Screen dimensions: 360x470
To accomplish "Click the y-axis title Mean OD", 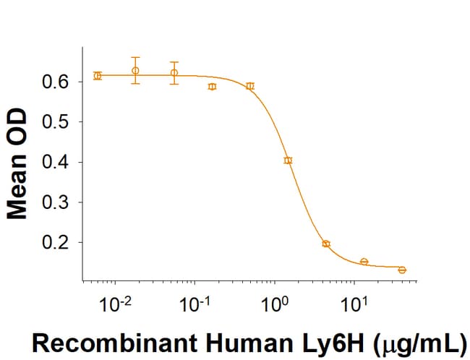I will (x=17, y=164).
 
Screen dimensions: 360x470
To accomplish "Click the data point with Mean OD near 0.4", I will (x=288, y=160).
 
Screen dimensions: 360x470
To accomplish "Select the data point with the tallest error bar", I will (x=135, y=70).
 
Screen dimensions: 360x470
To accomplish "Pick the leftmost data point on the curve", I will (x=98, y=75).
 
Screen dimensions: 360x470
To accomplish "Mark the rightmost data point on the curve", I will (x=402, y=270).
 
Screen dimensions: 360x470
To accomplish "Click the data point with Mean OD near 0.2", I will (x=326, y=244).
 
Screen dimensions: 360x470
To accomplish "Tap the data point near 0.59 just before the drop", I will (x=250, y=86).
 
